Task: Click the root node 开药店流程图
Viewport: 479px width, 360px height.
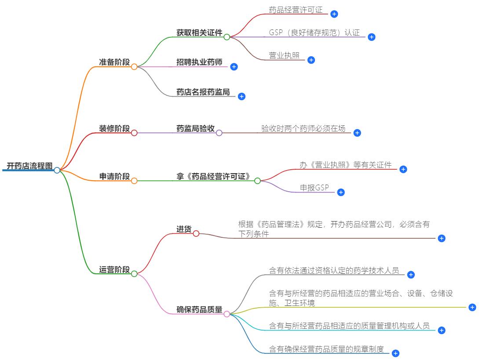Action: click(29, 166)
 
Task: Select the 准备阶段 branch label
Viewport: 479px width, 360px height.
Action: click(114, 62)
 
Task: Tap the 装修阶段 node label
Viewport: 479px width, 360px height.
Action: click(114, 129)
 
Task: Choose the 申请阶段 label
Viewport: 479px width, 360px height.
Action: click(114, 177)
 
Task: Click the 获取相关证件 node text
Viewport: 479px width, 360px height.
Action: click(199, 33)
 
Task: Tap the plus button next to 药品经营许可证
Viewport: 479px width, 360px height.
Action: click(334, 14)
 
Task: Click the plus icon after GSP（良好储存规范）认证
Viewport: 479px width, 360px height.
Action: click(371, 37)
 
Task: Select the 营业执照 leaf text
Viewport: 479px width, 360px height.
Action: click(284, 56)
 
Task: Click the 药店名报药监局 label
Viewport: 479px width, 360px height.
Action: click(203, 92)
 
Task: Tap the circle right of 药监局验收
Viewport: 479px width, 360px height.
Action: click(219, 133)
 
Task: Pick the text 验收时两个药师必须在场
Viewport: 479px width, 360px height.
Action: click(303, 129)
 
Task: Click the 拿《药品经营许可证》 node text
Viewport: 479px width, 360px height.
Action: click(213, 177)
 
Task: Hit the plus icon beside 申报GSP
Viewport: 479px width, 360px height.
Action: click(340, 192)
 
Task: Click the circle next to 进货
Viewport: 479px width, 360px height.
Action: click(196, 233)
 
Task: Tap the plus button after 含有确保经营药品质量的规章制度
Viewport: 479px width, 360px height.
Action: click(395, 353)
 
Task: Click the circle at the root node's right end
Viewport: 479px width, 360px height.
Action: click(57, 170)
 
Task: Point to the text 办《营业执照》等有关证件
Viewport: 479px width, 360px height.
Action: click(345, 165)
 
